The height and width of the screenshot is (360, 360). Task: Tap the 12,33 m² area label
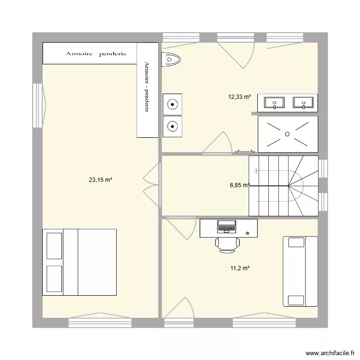pos(240,96)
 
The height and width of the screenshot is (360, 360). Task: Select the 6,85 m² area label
pos(239,185)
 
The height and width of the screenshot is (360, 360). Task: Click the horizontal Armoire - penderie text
pos(96,54)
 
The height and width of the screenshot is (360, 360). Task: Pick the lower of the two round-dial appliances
pos(173,127)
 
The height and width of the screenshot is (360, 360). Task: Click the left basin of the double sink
pos(275,102)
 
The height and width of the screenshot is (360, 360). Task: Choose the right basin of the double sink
pos(303,102)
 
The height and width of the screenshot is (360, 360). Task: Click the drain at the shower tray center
pos(288,134)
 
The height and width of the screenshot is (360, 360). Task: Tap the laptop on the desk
pos(227,226)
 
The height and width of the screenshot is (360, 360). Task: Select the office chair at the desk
pos(227,244)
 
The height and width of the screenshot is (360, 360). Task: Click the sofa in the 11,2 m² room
pos(300,271)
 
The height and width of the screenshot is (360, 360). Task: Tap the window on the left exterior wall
pos(37,106)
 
